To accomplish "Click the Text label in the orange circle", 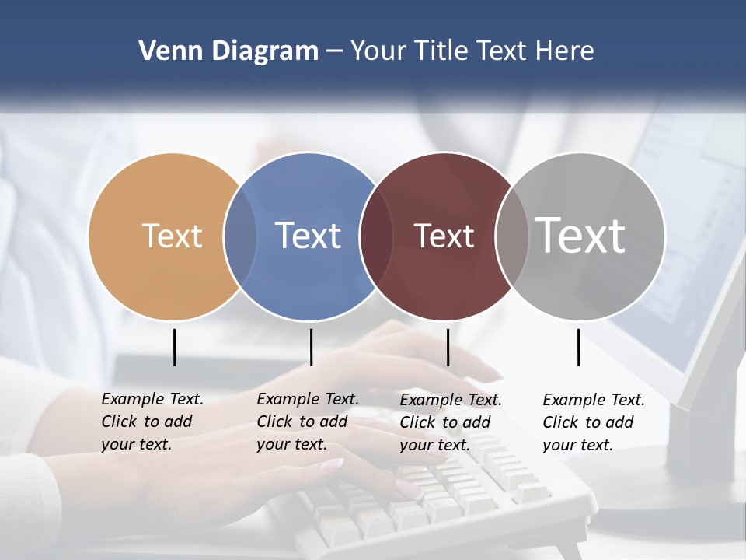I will [x=172, y=236].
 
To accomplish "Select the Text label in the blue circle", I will [x=309, y=236].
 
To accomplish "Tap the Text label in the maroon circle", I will [x=444, y=236].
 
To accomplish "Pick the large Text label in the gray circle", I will [x=580, y=236].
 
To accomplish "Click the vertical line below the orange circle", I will [x=174, y=347].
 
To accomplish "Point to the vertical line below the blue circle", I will [x=311, y=347].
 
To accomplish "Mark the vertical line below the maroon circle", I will [x=448, y=347].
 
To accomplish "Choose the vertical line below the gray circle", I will [x=578, y=347].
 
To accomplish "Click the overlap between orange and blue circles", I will [x=240, y=236].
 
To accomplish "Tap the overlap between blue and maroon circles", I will [x=376, y=236].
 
